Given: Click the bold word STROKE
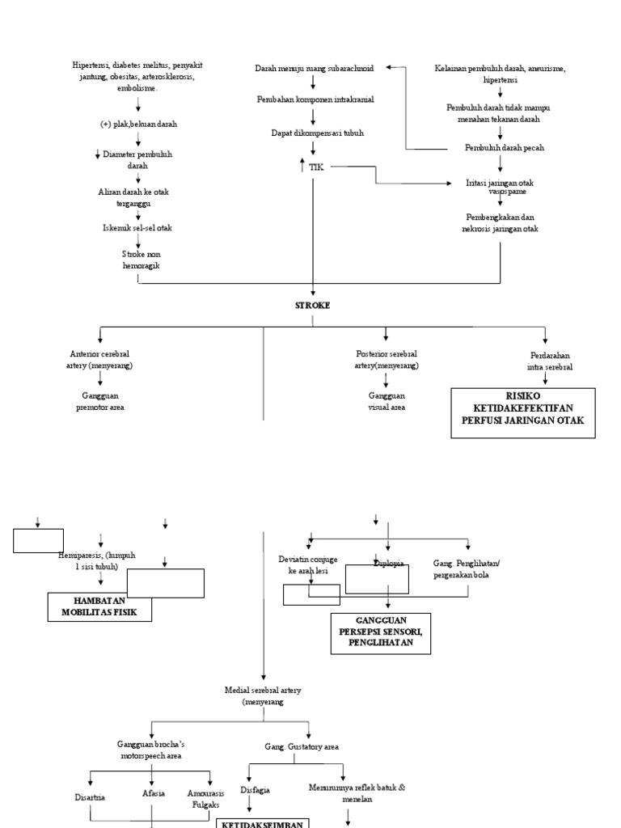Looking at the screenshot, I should (312, 306).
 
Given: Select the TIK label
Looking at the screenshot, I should (316, 167).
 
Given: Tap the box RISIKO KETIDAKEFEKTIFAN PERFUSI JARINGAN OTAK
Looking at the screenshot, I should (524, 412).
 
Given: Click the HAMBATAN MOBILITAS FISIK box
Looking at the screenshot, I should (101, 606).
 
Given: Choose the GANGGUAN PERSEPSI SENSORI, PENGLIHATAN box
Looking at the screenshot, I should (380, 632).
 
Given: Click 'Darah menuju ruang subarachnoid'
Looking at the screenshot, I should (312, 70).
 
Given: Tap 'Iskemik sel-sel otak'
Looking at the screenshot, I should (138, 228).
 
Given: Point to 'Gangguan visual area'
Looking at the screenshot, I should (387, 402).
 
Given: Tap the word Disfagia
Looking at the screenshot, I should (255, 789).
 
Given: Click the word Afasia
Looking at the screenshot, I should (154, 793).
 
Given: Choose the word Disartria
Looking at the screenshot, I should (90, 796).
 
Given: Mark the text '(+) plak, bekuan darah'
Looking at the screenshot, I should (139, 125).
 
